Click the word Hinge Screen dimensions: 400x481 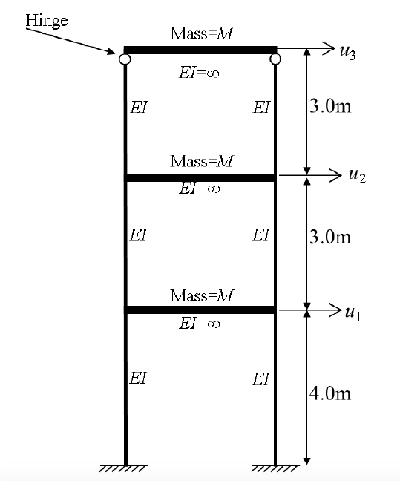tap(47, 22)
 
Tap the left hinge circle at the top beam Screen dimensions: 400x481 tap(125, 59)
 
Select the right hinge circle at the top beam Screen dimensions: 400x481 tap(275, 59)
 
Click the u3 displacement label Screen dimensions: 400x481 tap(348, 53)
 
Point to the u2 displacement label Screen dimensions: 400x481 tap(358, 176)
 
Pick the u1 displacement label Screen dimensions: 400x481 tap(353, 313)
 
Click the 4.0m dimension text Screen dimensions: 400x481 tap(330, 393)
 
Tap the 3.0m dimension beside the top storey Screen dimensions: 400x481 tap(330, 106)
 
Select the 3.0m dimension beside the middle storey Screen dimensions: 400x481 tap(330, 237)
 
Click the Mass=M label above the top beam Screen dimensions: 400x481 tap(202, 33)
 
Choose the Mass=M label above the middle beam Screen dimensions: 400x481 tap(202, 161)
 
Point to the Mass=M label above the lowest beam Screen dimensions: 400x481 tap(202, 295)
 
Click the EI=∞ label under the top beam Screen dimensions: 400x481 tap(199, 73)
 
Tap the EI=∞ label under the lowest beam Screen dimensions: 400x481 tap(199, 323)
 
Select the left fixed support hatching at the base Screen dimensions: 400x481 tap(123, 468)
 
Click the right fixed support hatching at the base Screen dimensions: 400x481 tap(275, 468)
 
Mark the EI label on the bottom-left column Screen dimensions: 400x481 tap(138, 378)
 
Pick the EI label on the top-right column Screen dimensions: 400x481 tap(261, 107)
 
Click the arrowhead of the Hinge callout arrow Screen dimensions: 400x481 tap(111, 51)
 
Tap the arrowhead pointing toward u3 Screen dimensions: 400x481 tap(329, 48)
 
